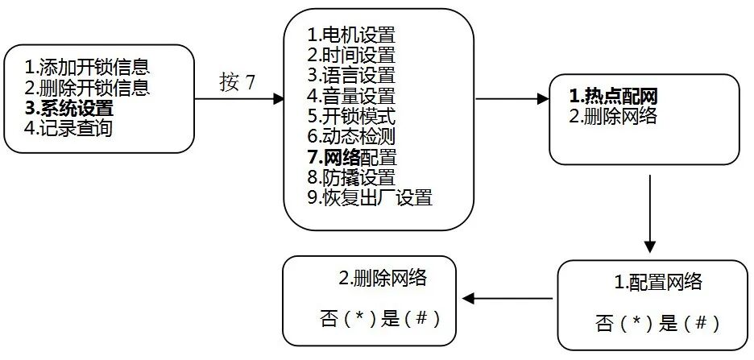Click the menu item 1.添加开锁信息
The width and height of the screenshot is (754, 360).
[88, 66]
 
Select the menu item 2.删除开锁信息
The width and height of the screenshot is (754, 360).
[88, 86]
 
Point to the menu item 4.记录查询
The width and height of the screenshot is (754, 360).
[68, 126]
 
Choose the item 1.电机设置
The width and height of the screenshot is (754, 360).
[351, 35]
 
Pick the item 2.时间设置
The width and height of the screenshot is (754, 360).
[351, 56]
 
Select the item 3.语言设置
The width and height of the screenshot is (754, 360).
[351, 76]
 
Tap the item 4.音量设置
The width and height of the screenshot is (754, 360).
[351, 96]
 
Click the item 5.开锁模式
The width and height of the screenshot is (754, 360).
[351, 116]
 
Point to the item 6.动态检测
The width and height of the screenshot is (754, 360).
[351, 136]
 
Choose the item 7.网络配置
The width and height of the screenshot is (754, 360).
[351, 156]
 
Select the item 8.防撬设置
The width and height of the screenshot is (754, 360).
[351, 176]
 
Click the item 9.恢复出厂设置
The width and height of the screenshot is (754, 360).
[370, 197]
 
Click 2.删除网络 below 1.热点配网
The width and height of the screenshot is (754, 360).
[613, 116]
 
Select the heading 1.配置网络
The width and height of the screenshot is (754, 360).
[658, 283]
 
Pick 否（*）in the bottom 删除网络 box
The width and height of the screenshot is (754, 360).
[349, 318]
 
